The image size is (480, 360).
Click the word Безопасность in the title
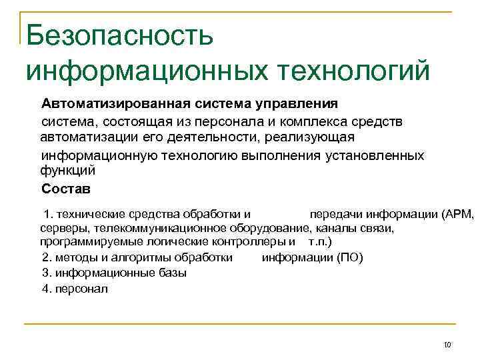tap(121, 35)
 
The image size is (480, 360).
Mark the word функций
tap(67, 171)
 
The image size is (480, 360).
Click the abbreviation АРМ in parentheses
tap(456, 215)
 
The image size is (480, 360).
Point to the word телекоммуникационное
tap(155, 228)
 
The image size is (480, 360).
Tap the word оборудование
tap(266, 228)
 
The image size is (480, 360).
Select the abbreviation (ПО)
tap(351, 258)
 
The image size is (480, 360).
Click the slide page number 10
tap(447, 345)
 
